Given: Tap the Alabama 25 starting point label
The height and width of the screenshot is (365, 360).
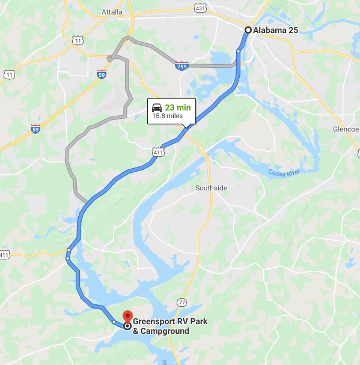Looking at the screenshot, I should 276,30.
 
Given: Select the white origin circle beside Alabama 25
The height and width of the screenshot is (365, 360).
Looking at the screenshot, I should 248,30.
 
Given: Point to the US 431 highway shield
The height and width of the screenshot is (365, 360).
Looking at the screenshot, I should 200,7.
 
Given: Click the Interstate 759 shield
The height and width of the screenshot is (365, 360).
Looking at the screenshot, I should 181,65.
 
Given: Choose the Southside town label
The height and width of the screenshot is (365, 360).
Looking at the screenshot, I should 211,188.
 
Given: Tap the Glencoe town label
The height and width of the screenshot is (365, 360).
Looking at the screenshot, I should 345,129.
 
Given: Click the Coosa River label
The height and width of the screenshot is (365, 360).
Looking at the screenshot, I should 284,174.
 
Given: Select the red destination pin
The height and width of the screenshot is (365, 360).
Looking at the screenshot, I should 127,315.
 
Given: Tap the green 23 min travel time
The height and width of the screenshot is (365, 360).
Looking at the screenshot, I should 178,107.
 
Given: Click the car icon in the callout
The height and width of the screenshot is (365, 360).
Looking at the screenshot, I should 156,107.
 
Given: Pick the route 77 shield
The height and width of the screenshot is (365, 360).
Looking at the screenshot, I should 182,301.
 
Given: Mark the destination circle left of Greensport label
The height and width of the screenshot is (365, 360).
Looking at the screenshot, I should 127,326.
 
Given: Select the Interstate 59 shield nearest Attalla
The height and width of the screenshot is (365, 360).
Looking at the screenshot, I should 102,74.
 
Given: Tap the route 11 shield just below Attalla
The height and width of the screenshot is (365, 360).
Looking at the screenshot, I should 78,40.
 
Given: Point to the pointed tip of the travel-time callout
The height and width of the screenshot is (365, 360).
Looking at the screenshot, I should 187,127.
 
